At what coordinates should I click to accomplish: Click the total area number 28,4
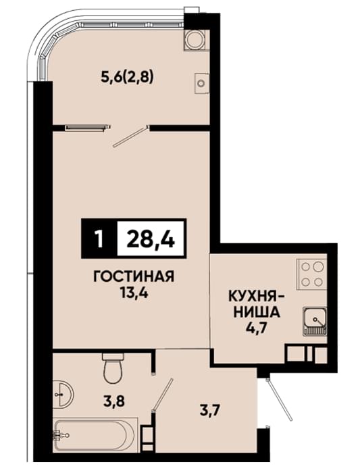pyautogui.click(x=151, y=239)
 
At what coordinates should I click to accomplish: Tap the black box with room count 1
pyautogui.click(x=99, y=239)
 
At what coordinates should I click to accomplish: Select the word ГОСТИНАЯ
pyautogui.click(x=134, y=276)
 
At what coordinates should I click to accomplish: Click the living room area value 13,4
pyautogui.click(x=134, y=292)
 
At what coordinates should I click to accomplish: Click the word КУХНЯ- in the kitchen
pyautogui.click(x=257, y=297)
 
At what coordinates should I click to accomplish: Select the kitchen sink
pyautogui.click(x=315, y=322)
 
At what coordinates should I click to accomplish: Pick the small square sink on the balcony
pyautogui.click(x=201, y=84)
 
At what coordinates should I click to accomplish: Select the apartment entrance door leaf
pyautogui.click(x=279, y=399)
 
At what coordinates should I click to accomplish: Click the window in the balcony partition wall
pyautogui.click(x=86, y=128)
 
